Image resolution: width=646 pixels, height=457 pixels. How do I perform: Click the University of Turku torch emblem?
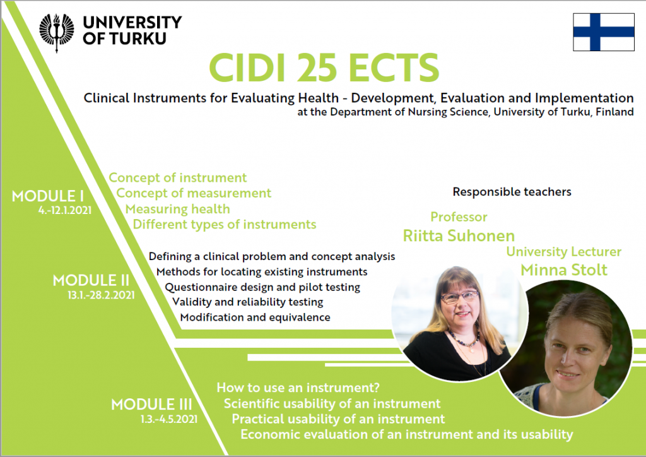[57, 33]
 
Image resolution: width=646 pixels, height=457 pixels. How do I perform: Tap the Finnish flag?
[604, 32]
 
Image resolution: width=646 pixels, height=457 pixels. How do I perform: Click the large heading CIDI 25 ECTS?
[324, 68]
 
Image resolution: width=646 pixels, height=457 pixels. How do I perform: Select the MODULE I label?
[48, 196]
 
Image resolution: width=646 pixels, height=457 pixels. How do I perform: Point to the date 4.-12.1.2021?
[65, 210]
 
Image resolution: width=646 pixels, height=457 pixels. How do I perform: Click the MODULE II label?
[91, 281]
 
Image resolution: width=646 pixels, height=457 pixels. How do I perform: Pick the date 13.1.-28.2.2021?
[101, 295]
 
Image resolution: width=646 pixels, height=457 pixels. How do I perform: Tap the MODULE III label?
[151, 404]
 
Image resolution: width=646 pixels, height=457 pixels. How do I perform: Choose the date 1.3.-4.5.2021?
[169, 419]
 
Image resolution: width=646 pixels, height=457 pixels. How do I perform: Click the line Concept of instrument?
[177, 177]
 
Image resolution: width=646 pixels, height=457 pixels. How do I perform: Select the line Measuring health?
[177, 209]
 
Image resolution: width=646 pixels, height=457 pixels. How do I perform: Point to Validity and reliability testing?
[247, 302]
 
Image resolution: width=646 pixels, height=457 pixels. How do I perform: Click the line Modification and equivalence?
[255, 318]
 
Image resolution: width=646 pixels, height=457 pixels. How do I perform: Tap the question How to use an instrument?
[298, 388]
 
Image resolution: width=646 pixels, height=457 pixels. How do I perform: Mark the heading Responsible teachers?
[512, 192]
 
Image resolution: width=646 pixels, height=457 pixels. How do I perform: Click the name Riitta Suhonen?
[459, 235]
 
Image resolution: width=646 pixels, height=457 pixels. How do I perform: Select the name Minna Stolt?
[563, 270]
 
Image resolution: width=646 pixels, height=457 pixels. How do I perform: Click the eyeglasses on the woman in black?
[459, 296]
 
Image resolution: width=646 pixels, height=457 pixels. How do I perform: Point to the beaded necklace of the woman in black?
[464, 338]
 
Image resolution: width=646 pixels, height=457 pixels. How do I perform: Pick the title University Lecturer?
[563, 251]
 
